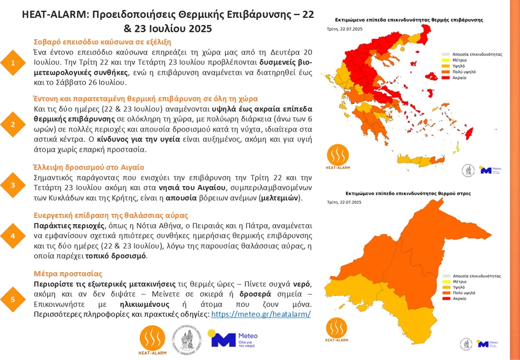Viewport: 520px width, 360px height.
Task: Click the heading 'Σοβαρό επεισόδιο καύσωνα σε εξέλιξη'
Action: tap(102, 42)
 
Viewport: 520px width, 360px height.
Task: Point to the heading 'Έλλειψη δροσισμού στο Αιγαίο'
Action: tap(89, 167)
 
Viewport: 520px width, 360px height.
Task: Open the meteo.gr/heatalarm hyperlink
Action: tap(261, 314)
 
